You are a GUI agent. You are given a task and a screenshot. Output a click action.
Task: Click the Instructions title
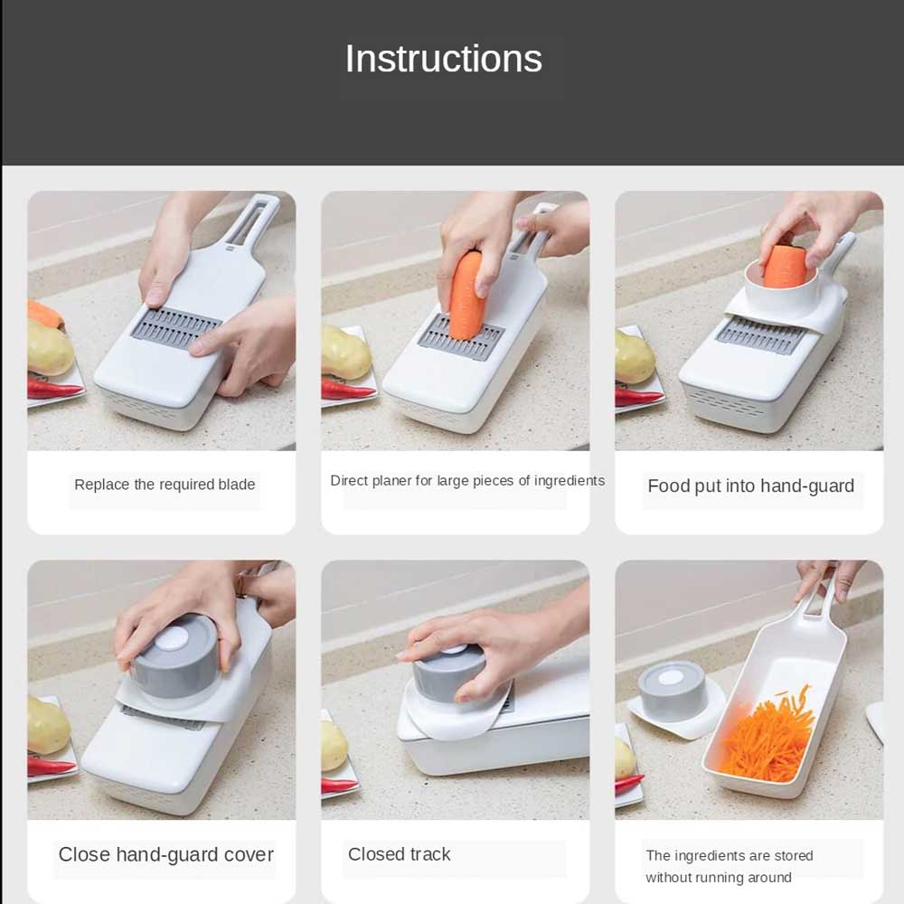tap(443, 59)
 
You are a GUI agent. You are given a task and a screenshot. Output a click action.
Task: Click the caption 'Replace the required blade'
tap(165, 485)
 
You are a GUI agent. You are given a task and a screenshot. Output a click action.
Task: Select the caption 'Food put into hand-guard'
tap(750, 486)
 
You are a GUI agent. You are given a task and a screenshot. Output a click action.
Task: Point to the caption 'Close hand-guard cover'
tap(166, 854)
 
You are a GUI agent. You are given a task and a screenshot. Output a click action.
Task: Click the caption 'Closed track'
tap(399, 854)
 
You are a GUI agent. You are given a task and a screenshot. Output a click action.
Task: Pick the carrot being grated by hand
tap(465, 294)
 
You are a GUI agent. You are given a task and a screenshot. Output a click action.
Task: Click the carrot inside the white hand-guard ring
tap(786, 265)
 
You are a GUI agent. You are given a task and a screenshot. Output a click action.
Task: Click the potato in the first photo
tap(50, 347)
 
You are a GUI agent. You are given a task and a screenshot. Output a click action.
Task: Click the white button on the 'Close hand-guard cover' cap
tap(172, 640)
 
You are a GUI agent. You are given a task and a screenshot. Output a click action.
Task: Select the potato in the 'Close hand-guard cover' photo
tap(49, 727)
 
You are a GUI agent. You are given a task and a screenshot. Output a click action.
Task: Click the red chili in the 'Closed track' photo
tap(339, 786)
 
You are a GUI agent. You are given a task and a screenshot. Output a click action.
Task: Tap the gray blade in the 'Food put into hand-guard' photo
tap(760, 335)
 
